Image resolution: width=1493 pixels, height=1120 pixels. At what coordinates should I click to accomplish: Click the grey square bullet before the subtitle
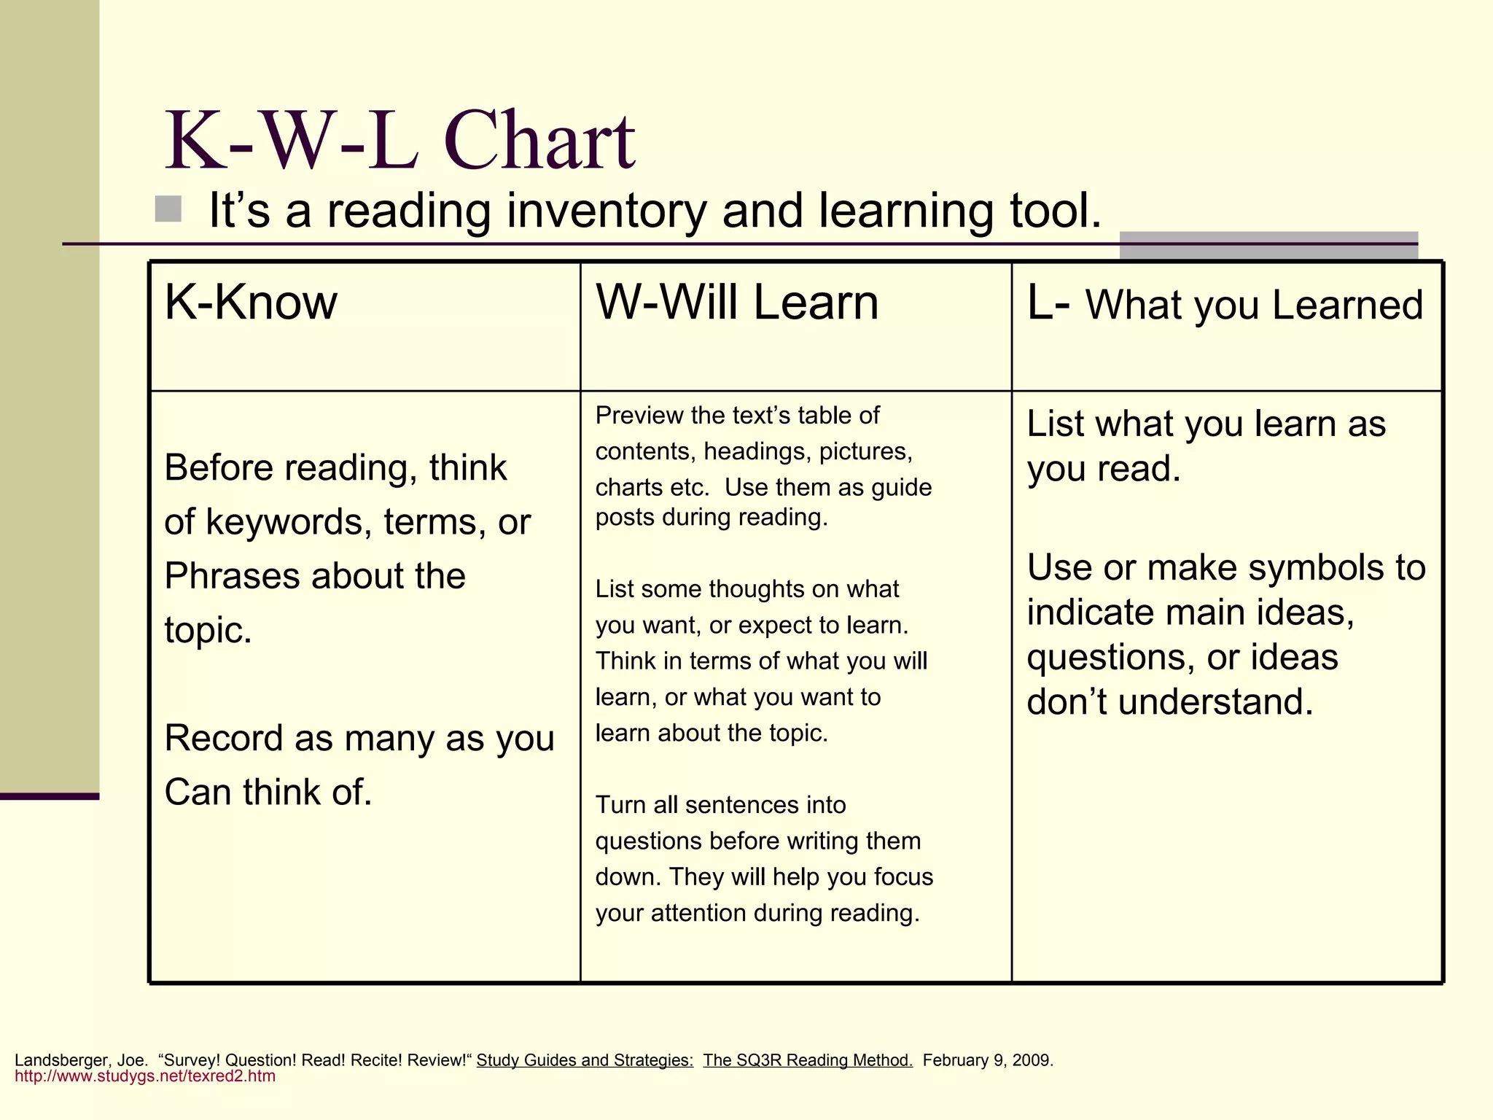[x=168, y=209]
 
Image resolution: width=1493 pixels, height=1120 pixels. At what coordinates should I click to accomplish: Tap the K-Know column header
[x=251, y=302]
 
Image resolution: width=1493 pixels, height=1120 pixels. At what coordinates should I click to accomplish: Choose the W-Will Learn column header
[x=737, y=302]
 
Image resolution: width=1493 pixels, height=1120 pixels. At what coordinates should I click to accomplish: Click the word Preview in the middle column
[x=639, y=416]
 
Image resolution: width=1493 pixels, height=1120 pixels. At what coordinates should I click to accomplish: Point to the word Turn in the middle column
[x=620, y=805]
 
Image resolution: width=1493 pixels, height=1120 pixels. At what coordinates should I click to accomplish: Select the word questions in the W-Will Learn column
[x=649, y=841]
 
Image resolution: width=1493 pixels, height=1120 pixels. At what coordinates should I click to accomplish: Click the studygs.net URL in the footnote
[x=145, y=1076]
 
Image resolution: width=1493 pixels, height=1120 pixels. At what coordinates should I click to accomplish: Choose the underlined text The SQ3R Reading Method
[x=808, y=1060]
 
